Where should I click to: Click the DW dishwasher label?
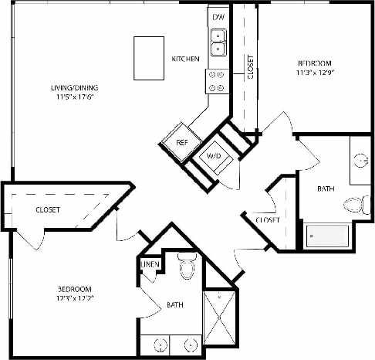tap(218, 16)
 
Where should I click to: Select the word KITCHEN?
tap(186, 59)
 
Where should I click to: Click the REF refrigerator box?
tap(181, 143)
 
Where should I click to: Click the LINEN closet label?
tap(150, 265)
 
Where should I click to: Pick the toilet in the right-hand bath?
tap(355, 205)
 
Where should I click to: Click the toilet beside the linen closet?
tap(185, 269)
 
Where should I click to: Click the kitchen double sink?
tap(218, 40)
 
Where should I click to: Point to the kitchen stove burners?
tap(216, 80)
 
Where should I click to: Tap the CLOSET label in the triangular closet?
tap(48, 209)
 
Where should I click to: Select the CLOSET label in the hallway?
tap(267, 219)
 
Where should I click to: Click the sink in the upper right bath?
tap(361, 161)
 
